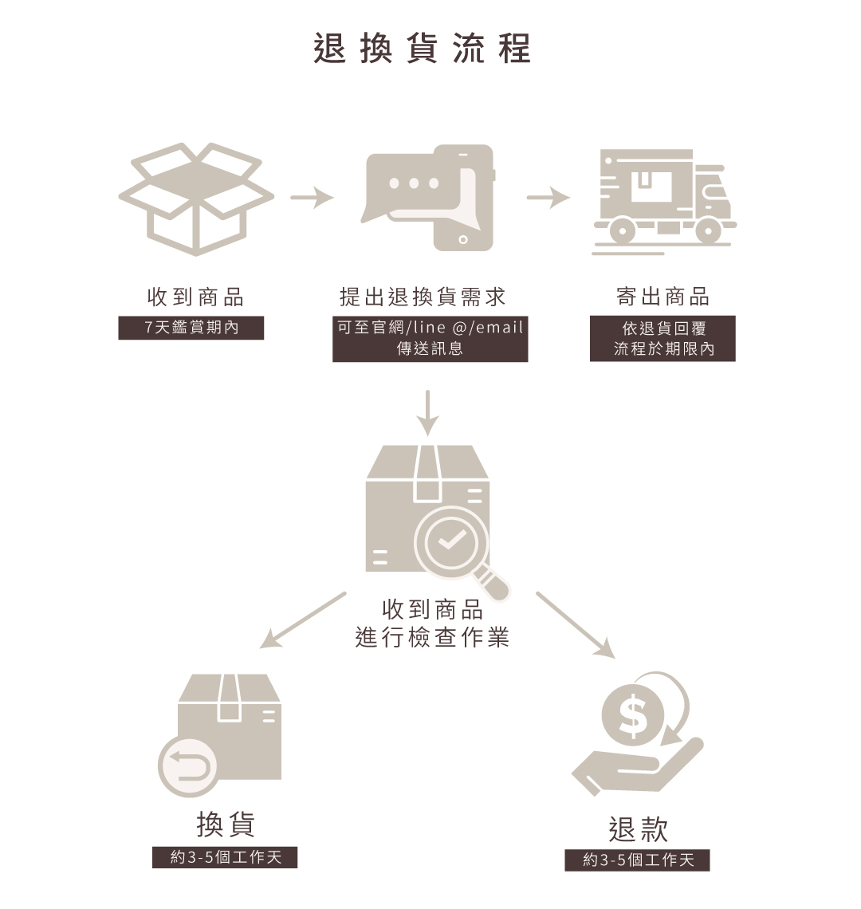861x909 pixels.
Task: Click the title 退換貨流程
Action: [422, 48]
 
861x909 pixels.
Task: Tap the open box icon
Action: [196, 199]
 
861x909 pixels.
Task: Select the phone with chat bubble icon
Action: [428, 198]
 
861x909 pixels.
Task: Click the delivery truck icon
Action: [664, 202]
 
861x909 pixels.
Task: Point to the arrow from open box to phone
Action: [312, 197]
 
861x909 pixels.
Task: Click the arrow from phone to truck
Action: [548, 197]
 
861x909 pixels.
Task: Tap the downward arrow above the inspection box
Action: [427, 413]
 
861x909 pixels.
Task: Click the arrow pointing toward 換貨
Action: [303, 620]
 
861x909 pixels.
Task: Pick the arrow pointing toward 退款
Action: [576, 625]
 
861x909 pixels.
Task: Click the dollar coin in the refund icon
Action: [632, 714]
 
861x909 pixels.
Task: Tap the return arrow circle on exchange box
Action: [188, 767]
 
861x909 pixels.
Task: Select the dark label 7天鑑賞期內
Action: [191, 328]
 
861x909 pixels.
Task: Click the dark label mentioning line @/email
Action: [431, 339]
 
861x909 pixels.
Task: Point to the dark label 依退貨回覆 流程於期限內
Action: [662, 339]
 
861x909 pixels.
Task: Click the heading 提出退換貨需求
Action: [423, 297]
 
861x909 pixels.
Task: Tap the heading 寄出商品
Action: [662, 297]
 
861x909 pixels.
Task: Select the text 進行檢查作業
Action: [432, 637]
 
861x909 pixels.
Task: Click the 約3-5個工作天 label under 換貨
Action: [225, 857]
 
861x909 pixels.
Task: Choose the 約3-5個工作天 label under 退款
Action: [637, 860]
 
